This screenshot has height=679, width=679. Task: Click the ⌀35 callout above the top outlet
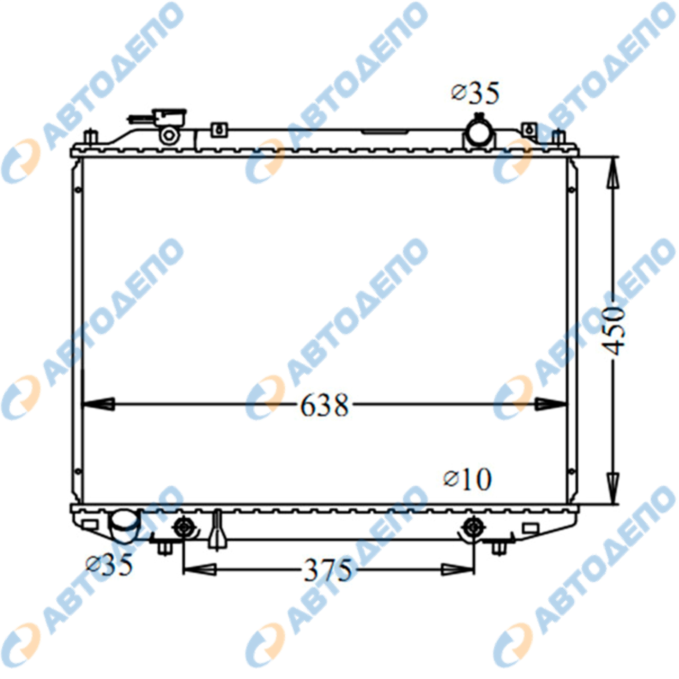point(475,94)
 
